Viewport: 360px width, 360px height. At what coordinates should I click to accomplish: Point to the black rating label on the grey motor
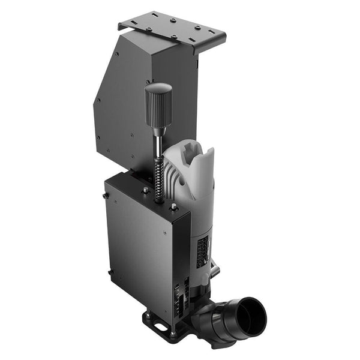coord(203,247)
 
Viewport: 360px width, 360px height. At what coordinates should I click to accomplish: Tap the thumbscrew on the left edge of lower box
coord(106,195)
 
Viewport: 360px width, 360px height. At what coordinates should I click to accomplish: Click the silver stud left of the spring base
coord(146,190)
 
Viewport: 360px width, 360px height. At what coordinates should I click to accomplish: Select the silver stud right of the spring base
coord(173,206)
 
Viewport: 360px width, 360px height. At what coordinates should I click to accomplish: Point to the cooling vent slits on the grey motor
coord(174,180)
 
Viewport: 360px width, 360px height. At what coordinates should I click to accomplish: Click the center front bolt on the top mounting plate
coord(174,37)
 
